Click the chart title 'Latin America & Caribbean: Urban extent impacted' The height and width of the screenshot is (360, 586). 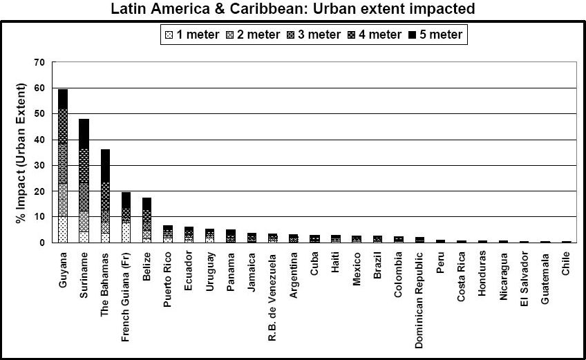293,9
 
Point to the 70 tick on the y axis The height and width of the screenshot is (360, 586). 39,63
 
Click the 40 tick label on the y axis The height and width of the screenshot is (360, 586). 39,140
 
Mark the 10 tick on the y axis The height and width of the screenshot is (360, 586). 39,217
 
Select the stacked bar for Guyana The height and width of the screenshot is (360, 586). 63,166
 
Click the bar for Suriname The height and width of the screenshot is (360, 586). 84,180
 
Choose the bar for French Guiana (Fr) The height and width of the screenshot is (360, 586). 126,217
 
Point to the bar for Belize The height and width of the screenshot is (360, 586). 146,220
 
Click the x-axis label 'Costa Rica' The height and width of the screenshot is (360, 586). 462,272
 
